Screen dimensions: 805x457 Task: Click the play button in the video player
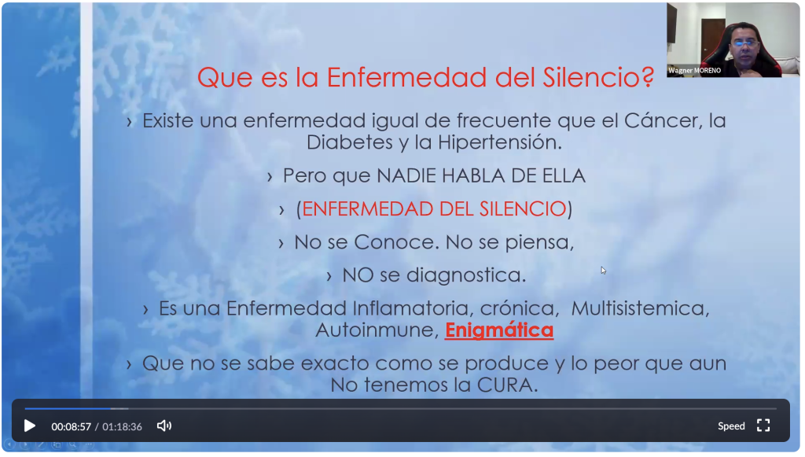point(30,426)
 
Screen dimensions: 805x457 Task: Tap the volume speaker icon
point(164,426)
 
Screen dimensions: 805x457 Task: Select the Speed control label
point(731,426)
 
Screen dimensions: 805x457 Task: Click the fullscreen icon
point(763,426)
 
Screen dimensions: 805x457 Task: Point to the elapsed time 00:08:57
point(72,426)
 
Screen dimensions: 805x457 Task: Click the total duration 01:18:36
point(122,426)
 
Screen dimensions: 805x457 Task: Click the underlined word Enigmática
point(499,330)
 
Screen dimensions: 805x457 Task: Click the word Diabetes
point(350,142)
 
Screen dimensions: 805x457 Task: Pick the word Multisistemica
point(640,308)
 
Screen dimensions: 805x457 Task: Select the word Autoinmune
point(377,330)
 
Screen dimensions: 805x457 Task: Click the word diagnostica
point(466,275)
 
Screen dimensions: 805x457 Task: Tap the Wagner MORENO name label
point(694,71)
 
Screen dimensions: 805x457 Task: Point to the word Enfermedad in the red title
point(406,78)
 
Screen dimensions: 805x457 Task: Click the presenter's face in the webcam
point(745,47)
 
